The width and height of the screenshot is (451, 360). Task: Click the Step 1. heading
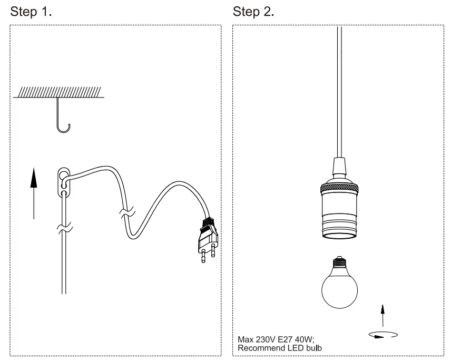click(31, 12)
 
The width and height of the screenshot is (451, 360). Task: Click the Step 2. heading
click(253, 12)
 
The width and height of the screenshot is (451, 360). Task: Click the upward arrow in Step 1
click(34, 192)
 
